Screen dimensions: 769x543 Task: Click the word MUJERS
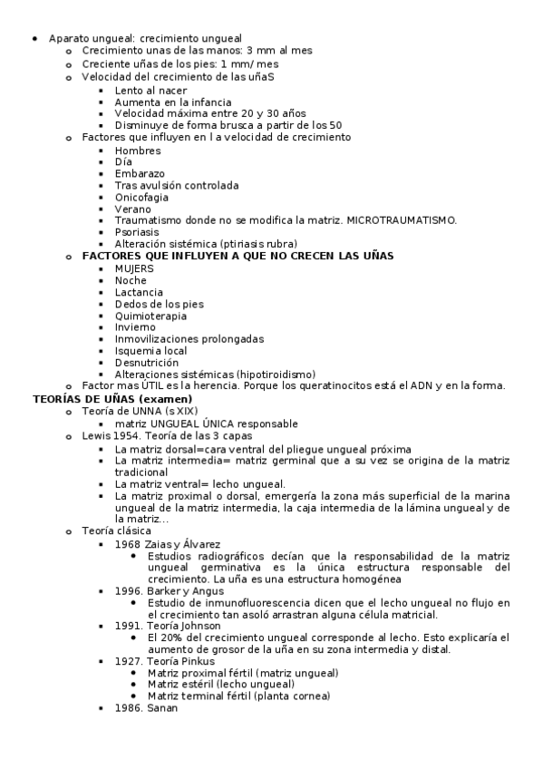click(134, 268)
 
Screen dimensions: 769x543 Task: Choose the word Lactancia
click(139, 292)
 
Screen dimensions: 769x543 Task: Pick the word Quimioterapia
click(150, 316)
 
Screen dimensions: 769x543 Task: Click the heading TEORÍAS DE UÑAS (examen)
click(112, 398)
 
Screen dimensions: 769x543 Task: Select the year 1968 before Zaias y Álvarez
click(128, 543)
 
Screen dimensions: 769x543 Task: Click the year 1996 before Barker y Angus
click(128, 590)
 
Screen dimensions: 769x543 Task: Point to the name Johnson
click(201, 625)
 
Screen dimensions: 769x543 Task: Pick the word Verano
click(133, 209)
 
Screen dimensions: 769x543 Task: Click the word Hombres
click(138, 150)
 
